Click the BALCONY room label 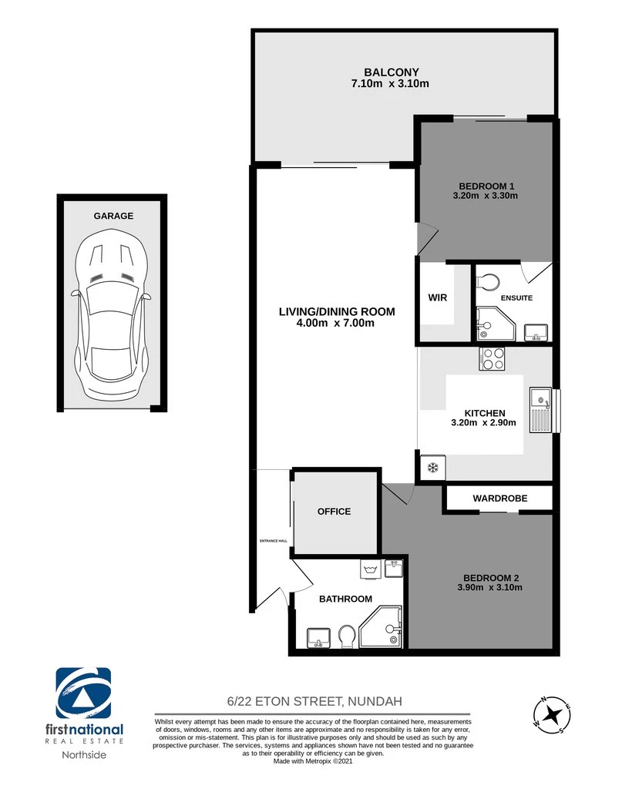[x=392, y=72]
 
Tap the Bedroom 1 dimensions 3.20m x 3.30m [x=485, y=196]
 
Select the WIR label [x=437, y=297]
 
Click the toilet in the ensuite [x=487, y=282]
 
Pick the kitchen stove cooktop [x=492, y=359]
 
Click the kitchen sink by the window [x=541, y=410]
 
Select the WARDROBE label [x=500, y=499]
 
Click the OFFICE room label [x=335, y=512]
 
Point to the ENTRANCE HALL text [x=274, y=541]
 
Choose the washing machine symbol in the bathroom [x=372, y=570]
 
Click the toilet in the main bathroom [x=347, y=636]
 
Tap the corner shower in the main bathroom [x=381, y=627]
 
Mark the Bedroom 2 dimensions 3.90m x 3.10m [x=489, y=587]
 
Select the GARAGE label [x=113, y=216]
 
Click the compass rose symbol [x=552, y=714]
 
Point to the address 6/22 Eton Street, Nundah [x=314, y=701]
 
